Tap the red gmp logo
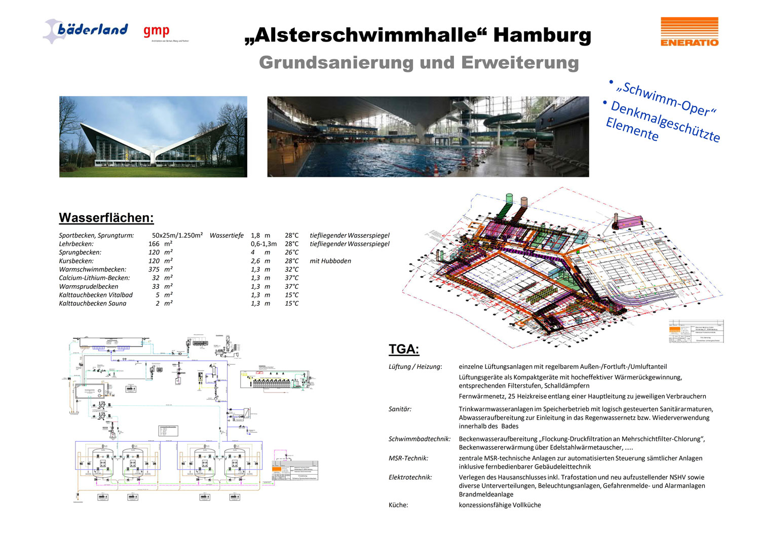(156, 31)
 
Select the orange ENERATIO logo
(689, 32)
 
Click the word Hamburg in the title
(542, 35)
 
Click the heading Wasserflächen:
(106, 218)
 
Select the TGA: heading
(404, 350)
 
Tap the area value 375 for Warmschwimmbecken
(154, 270)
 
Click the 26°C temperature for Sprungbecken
(292, 252)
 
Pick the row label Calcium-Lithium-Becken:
(94, 278)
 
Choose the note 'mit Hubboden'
(330, 261)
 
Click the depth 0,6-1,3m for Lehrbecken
(263, 244)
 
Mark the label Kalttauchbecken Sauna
(93, 303)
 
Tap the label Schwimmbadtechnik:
(419, 439)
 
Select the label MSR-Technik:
(408, 458)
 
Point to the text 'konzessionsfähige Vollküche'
(500, 505)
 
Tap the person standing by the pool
(530, 148)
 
